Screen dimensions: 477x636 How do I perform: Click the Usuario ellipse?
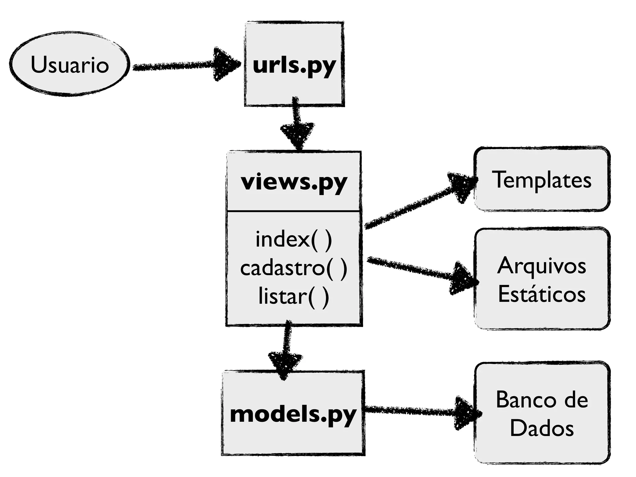tap(69, 64)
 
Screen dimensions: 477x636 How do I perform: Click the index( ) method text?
tap(293, 239)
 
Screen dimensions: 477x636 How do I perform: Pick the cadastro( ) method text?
tap(293, 268)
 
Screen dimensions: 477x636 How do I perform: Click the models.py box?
tap(293, 413)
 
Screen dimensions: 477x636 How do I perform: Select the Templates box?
tap(542, 179)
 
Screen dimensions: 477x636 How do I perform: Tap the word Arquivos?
tap(542, 266)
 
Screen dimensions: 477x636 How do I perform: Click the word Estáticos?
tap(542, 294)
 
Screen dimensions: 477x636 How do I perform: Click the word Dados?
tap(542, 428)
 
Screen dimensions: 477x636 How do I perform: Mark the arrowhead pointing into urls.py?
tap(225, 64)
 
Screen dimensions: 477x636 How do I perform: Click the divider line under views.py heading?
tap(294, 211)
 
